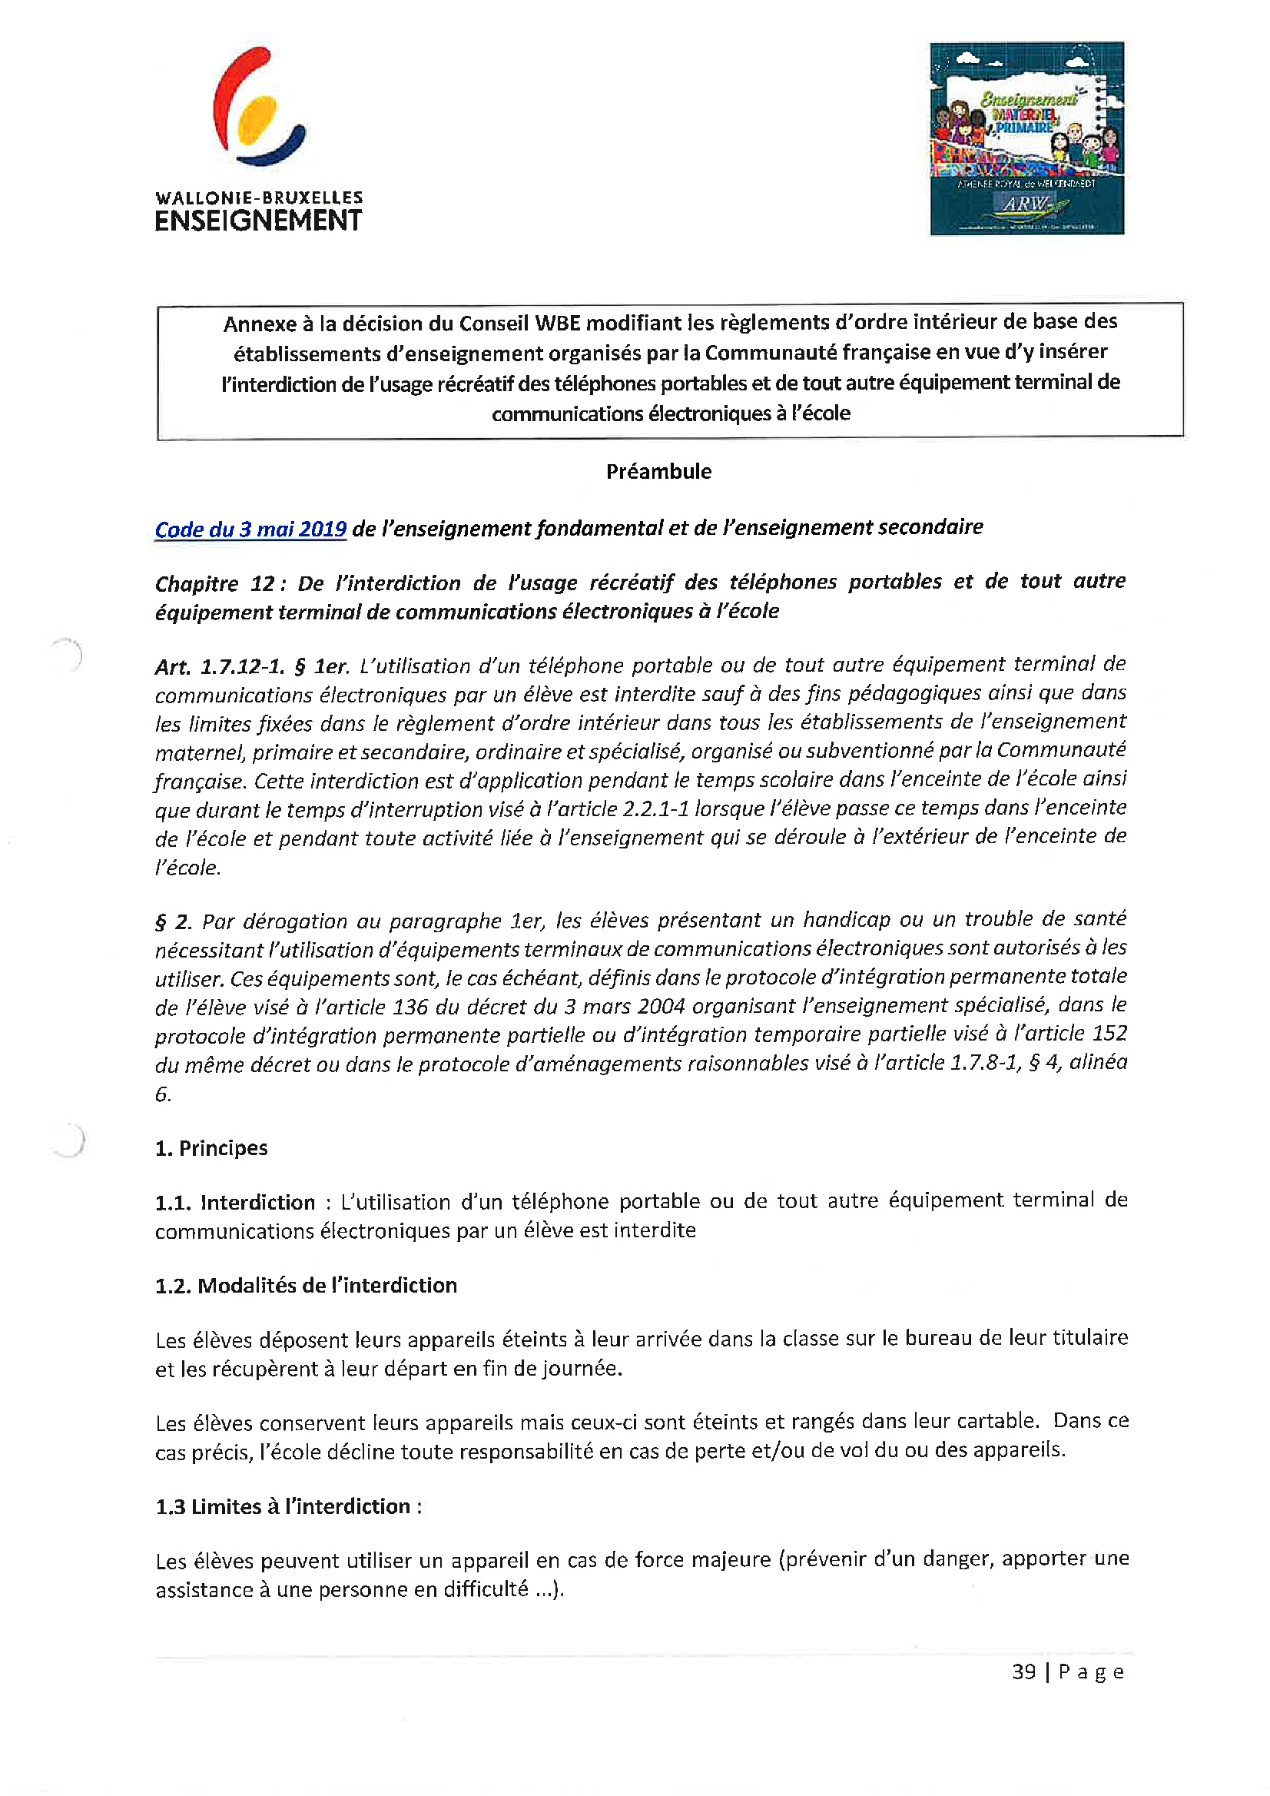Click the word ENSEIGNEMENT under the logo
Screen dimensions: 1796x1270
pos(258,221)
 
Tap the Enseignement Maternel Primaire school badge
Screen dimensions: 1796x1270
pos(1026,138)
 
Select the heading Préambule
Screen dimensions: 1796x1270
pos(658,472)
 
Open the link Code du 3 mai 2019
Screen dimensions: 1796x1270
pos(250,530)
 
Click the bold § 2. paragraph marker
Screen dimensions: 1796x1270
pos(173,922)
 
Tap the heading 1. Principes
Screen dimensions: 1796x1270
pos(211,1148)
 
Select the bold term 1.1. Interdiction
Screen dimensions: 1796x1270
pos(234,1202)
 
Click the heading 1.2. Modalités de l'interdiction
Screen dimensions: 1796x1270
pos(306,1285)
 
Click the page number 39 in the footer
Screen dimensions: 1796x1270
pos(1023,1672)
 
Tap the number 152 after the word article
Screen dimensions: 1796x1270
pos(1109,1034)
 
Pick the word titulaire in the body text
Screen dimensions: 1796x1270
pos(1089,1339)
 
